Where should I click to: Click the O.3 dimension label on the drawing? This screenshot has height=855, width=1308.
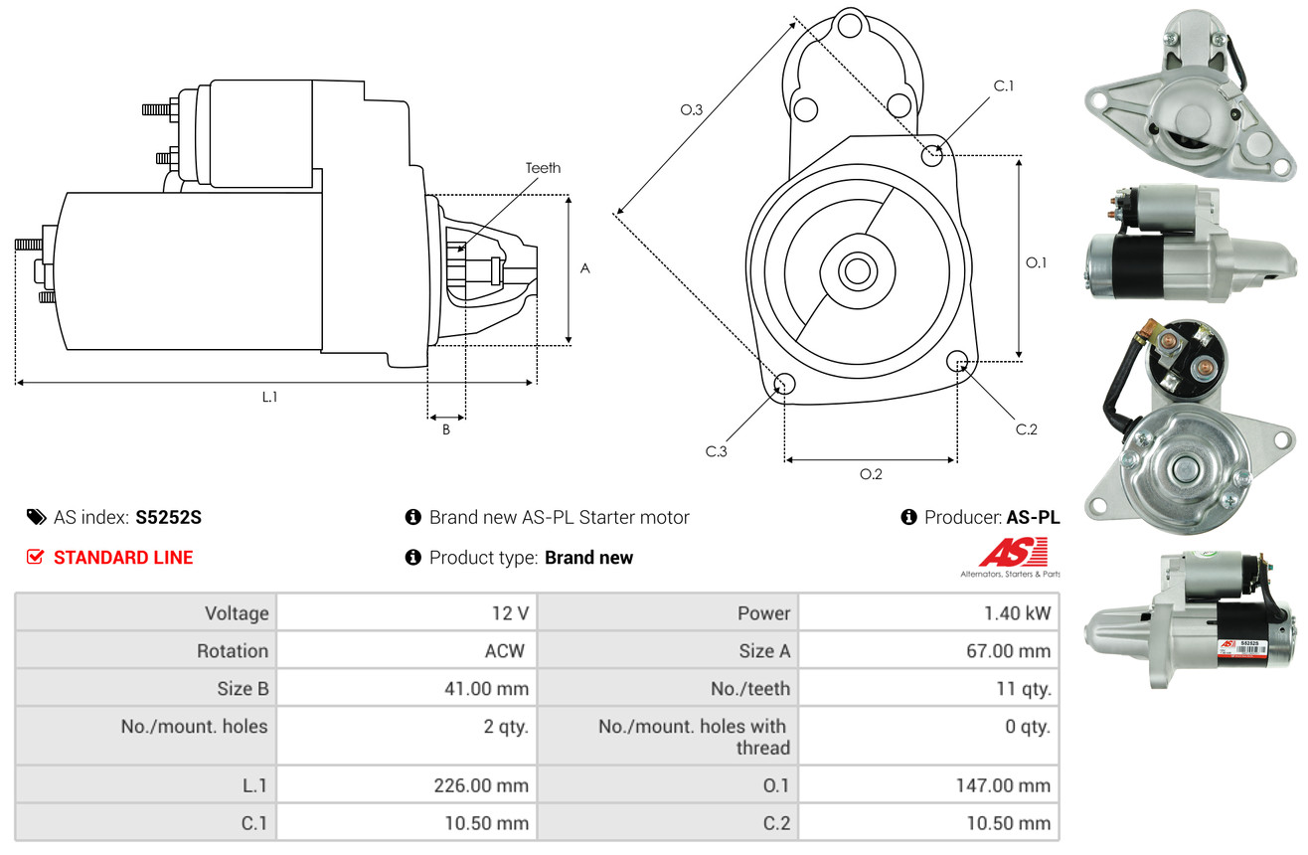coord(692,109)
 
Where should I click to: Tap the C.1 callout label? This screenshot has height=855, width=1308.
coord(1004,85)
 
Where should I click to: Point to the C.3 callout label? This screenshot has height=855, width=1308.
coord(717,451)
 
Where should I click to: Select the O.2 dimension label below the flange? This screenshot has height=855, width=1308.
coord(871,474)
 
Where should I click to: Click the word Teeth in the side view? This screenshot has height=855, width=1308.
coord(543,168)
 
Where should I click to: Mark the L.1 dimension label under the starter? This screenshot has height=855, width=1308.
coord(269,397)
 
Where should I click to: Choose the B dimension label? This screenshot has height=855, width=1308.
coord(446,429)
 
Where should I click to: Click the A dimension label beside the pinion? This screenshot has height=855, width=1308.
coord(585,268)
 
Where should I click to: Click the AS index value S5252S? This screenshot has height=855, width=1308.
coord(169,517)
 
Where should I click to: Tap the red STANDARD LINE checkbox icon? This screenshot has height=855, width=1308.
coord(35,557)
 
